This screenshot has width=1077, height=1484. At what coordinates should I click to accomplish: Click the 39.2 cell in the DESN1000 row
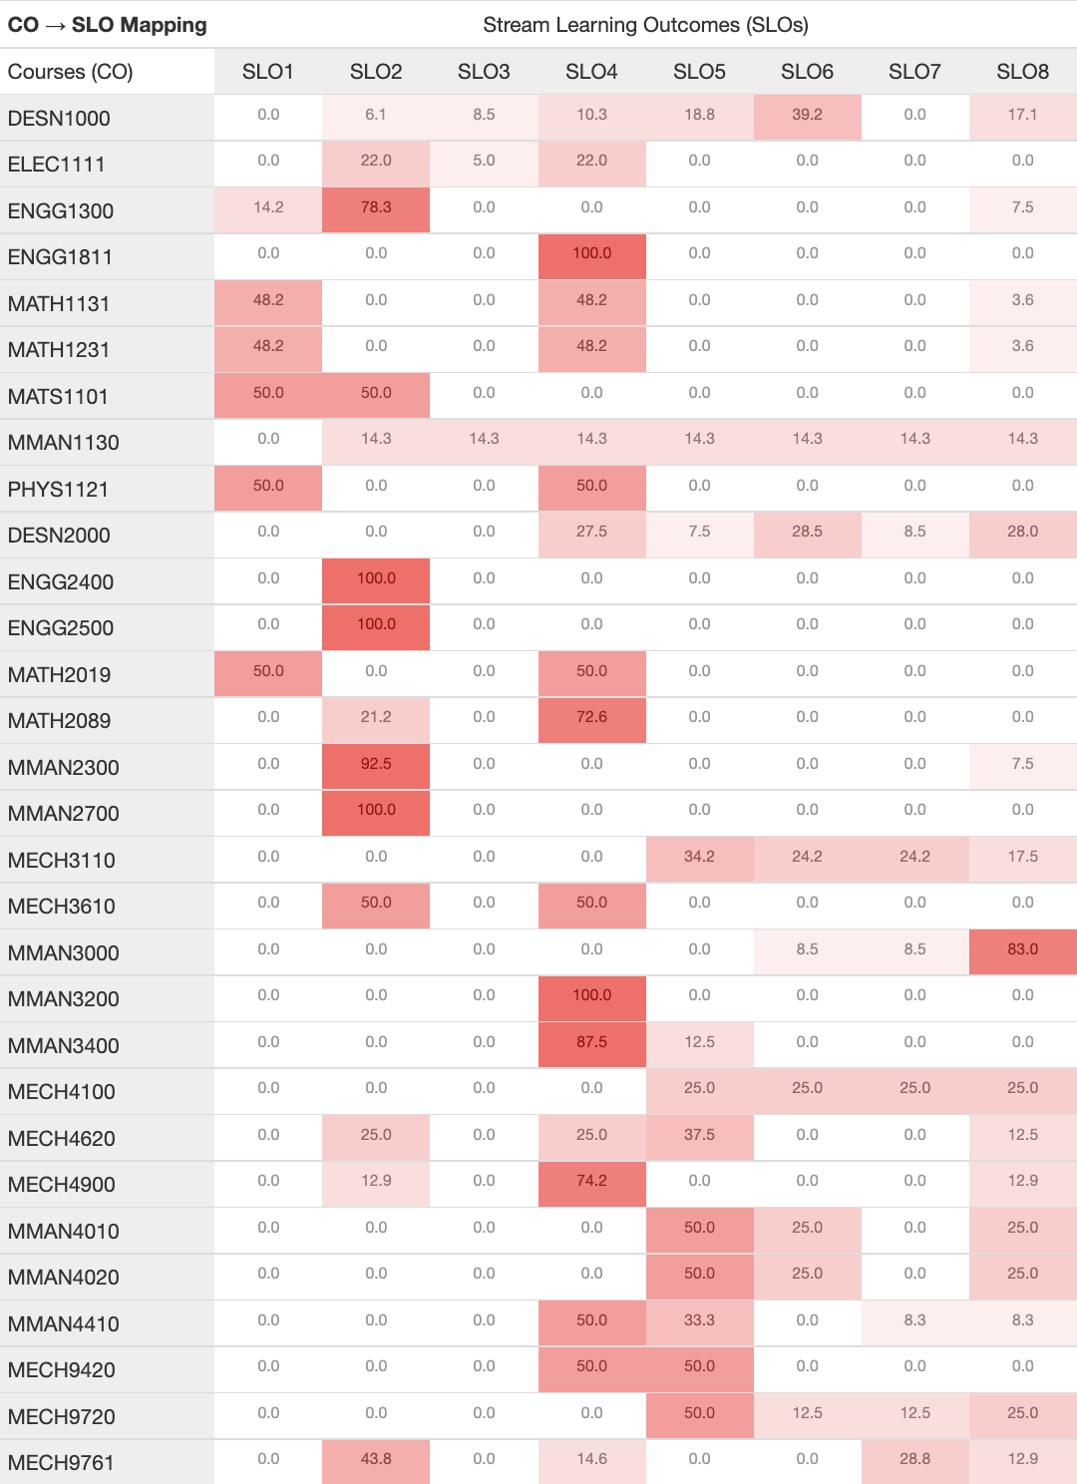[807, 116]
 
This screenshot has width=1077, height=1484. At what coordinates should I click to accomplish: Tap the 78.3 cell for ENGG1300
[376, 208]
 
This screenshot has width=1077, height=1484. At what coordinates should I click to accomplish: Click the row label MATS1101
[58, 396]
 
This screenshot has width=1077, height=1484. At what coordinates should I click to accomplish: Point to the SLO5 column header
[699, 71]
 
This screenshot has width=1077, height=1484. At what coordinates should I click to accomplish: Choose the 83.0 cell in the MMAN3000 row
[1022, 950]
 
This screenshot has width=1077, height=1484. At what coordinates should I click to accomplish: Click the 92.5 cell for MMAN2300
[376, 765]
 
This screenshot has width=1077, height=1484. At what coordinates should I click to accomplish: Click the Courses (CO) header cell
[70, 71]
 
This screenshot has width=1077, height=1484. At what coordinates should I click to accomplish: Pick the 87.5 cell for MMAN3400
[591, 1043]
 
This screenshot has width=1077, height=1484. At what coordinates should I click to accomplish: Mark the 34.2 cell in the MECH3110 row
[699, 858]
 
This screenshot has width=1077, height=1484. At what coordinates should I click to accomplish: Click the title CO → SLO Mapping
[107, 25]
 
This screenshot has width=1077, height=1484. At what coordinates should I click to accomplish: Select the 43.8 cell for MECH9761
[376, 1460]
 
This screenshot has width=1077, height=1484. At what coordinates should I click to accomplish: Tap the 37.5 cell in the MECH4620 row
[699, 1136]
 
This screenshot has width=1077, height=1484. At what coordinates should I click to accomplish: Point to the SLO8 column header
[1022, 71]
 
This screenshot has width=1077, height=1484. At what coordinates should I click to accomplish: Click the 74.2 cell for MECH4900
[591, 1182]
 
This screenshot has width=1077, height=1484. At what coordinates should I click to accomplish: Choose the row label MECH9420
[61, 1369]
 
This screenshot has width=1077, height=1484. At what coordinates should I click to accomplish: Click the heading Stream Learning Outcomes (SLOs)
[645, 25]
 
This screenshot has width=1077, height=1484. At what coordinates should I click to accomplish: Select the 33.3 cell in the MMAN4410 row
[699, 1321]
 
